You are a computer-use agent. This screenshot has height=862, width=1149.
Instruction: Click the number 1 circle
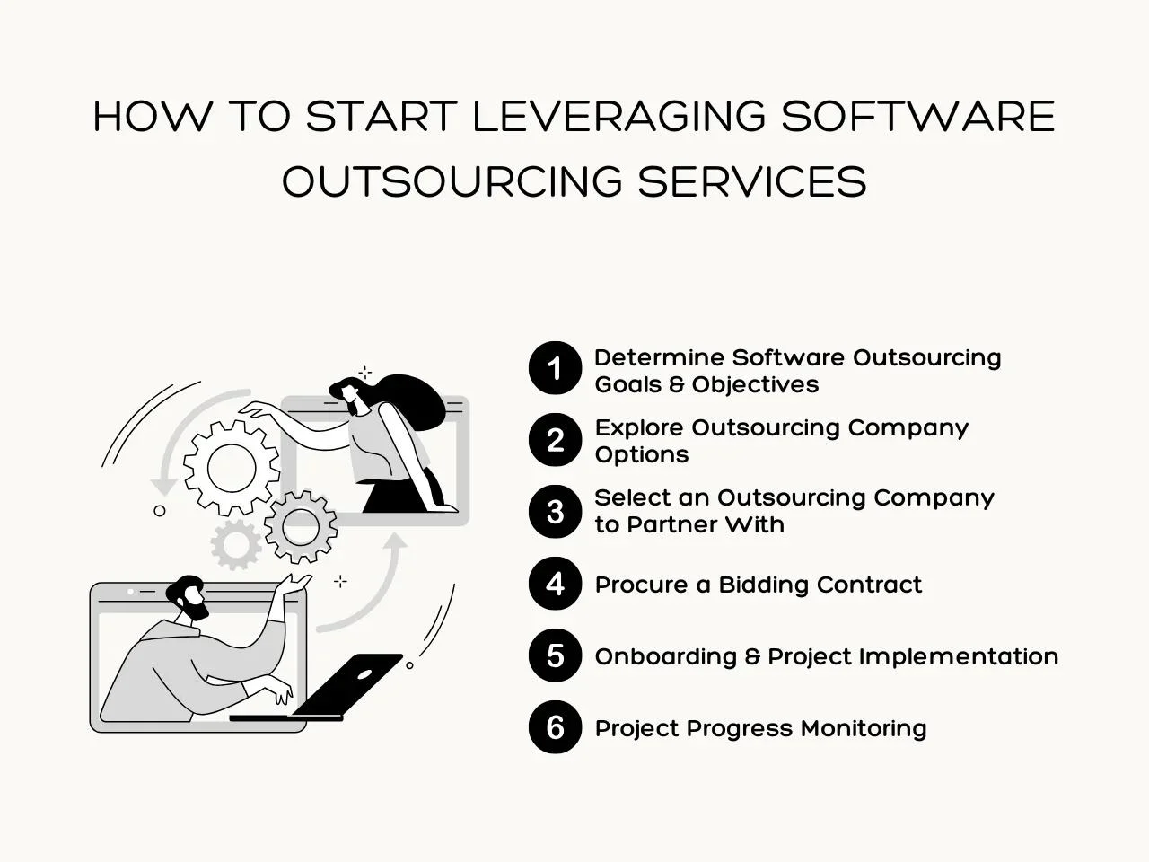555,368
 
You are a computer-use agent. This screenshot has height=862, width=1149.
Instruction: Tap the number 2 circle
555,440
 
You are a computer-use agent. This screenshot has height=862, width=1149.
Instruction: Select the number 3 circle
555,511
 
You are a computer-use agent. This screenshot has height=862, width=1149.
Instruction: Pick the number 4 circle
555,584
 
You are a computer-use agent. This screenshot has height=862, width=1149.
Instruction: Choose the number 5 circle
555,655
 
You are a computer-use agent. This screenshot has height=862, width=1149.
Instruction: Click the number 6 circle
555,727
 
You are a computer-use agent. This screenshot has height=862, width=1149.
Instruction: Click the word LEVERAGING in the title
618,116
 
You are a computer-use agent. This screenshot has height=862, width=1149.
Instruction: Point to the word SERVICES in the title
751,180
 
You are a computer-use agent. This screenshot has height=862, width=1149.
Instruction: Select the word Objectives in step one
755,385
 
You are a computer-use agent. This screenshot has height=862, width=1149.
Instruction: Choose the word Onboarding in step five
666,657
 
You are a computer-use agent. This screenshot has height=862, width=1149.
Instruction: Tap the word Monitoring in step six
864,728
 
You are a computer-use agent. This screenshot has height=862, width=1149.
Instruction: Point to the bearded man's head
189,597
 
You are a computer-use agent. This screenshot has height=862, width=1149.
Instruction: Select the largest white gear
232,468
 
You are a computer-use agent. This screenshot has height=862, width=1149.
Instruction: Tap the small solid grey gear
236,544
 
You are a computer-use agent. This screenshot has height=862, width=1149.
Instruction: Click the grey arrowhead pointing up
396,542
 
